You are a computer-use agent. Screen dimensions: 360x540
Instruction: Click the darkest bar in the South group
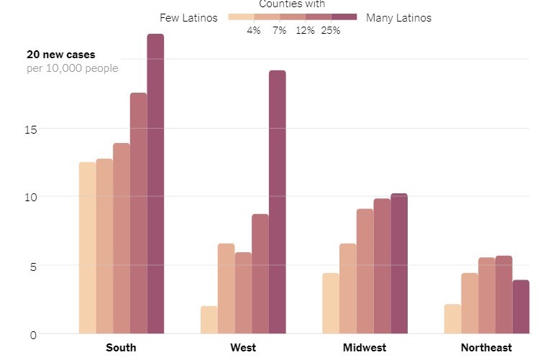click(155, 184)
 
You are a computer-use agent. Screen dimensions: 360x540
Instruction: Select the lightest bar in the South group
click(87, 248)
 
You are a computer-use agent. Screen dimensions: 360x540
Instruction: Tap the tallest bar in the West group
click(277, 202)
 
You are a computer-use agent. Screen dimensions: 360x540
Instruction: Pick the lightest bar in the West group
click(209, 320)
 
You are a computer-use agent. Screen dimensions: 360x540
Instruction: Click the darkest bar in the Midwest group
click(398, 264)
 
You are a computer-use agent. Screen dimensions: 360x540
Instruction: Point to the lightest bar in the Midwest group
click(330, 303)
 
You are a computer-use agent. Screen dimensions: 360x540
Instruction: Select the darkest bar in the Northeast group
click(521, 307)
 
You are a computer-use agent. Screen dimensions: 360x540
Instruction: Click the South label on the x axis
click(121, 348)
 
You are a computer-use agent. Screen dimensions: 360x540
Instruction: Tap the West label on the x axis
click(243, 348)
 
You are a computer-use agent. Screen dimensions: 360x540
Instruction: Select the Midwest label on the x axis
click(365, 348)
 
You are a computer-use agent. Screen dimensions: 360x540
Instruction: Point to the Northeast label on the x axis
click(487, 348)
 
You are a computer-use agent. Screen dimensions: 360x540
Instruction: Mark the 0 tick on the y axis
click(32, 334)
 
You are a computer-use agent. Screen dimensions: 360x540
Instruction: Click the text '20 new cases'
click(61, 55)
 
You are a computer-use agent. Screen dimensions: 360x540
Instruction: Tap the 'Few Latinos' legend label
click(188, 18)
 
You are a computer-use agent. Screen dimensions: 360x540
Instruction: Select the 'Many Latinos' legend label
click(399, 18)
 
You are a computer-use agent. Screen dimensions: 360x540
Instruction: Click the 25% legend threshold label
click(331, 30)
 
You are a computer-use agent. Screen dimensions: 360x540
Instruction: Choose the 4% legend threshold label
click(254, 30)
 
